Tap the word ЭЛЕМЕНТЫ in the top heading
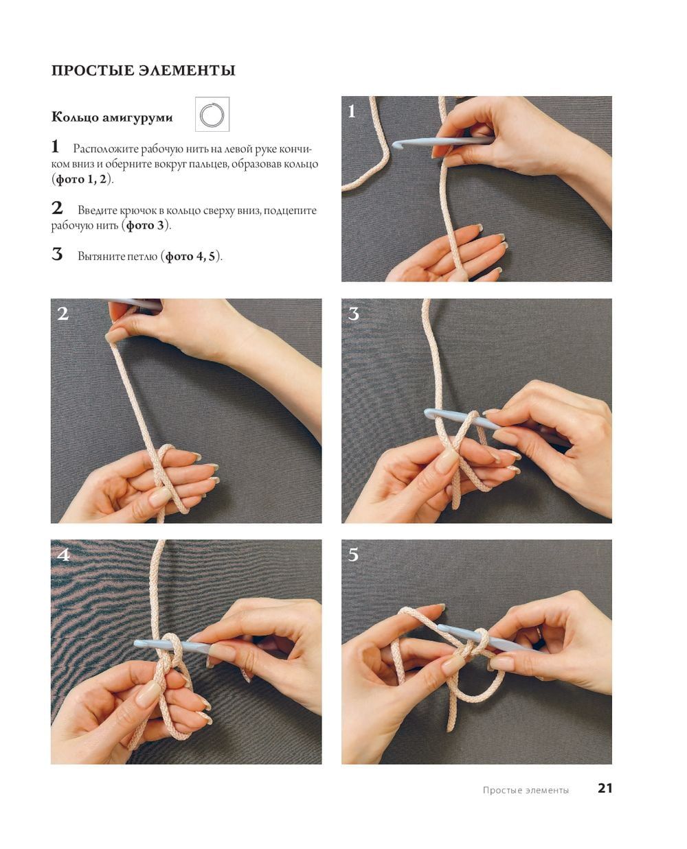187,71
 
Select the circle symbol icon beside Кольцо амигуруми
212,115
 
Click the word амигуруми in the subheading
137,118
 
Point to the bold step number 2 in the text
57,208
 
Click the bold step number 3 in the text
57,254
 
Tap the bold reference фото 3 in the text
145,226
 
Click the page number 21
605,789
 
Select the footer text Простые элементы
526,790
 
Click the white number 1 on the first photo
352,111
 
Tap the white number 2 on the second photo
63,314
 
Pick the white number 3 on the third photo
354,314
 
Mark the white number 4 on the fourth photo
63,555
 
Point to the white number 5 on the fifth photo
354,555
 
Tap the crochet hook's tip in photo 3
428,413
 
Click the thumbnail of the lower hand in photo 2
159,496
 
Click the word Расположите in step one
106,150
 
